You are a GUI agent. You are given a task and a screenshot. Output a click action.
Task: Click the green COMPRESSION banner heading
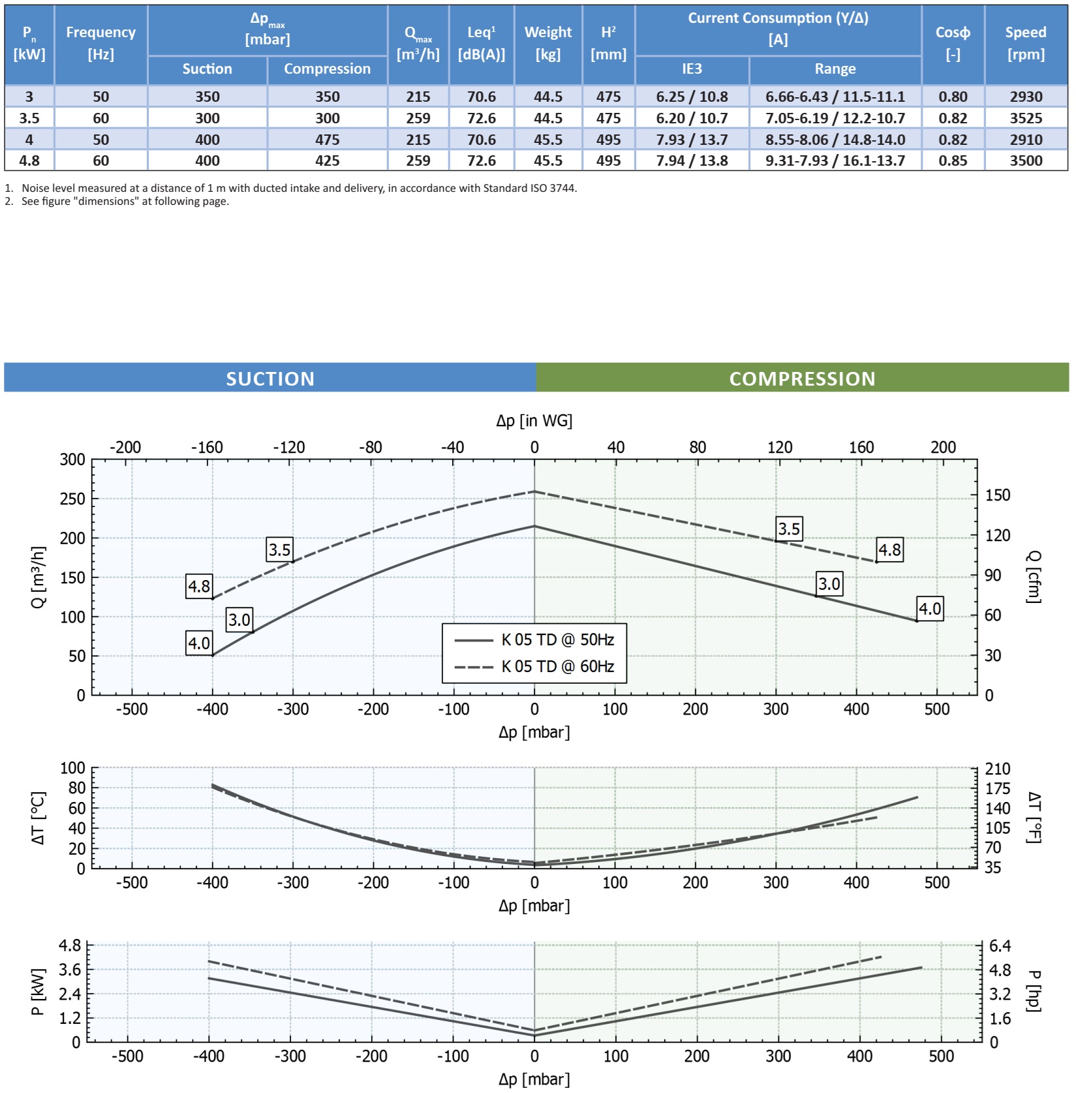click(802, 378)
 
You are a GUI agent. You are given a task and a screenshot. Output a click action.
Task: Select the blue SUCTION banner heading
click(270, 378)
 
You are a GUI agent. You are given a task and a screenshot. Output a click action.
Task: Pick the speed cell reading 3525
click(1026, 118)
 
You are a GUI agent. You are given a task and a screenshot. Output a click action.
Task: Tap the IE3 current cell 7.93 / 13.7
click(692, 140)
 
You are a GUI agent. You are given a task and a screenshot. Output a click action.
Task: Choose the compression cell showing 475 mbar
click(327, 140)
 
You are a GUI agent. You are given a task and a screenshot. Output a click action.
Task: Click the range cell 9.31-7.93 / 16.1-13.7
click(835, 161)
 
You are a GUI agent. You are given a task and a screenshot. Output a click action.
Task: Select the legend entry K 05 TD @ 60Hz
click(557, 666)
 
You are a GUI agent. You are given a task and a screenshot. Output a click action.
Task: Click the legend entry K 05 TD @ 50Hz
click(557, 639)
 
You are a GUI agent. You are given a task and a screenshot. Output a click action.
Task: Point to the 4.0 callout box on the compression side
click(929, 609)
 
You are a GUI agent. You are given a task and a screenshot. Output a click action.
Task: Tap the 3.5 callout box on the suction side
click(279, 549)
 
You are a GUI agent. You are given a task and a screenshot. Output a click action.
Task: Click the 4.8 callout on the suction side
click(199, 586)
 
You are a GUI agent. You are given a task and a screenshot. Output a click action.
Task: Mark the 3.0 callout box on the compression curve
click(829, 583)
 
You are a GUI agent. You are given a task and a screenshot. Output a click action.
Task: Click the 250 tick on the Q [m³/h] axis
click(72, 499)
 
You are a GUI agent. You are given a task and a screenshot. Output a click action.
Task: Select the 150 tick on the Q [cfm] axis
click(997, 495)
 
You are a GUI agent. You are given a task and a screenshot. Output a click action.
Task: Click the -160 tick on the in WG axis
click(207, 447)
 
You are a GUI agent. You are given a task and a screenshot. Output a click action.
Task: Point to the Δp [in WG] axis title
click(534, 421)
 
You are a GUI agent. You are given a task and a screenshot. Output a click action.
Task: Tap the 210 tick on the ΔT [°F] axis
click(997, 769)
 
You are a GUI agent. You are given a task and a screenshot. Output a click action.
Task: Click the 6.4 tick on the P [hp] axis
click(1000, 946)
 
